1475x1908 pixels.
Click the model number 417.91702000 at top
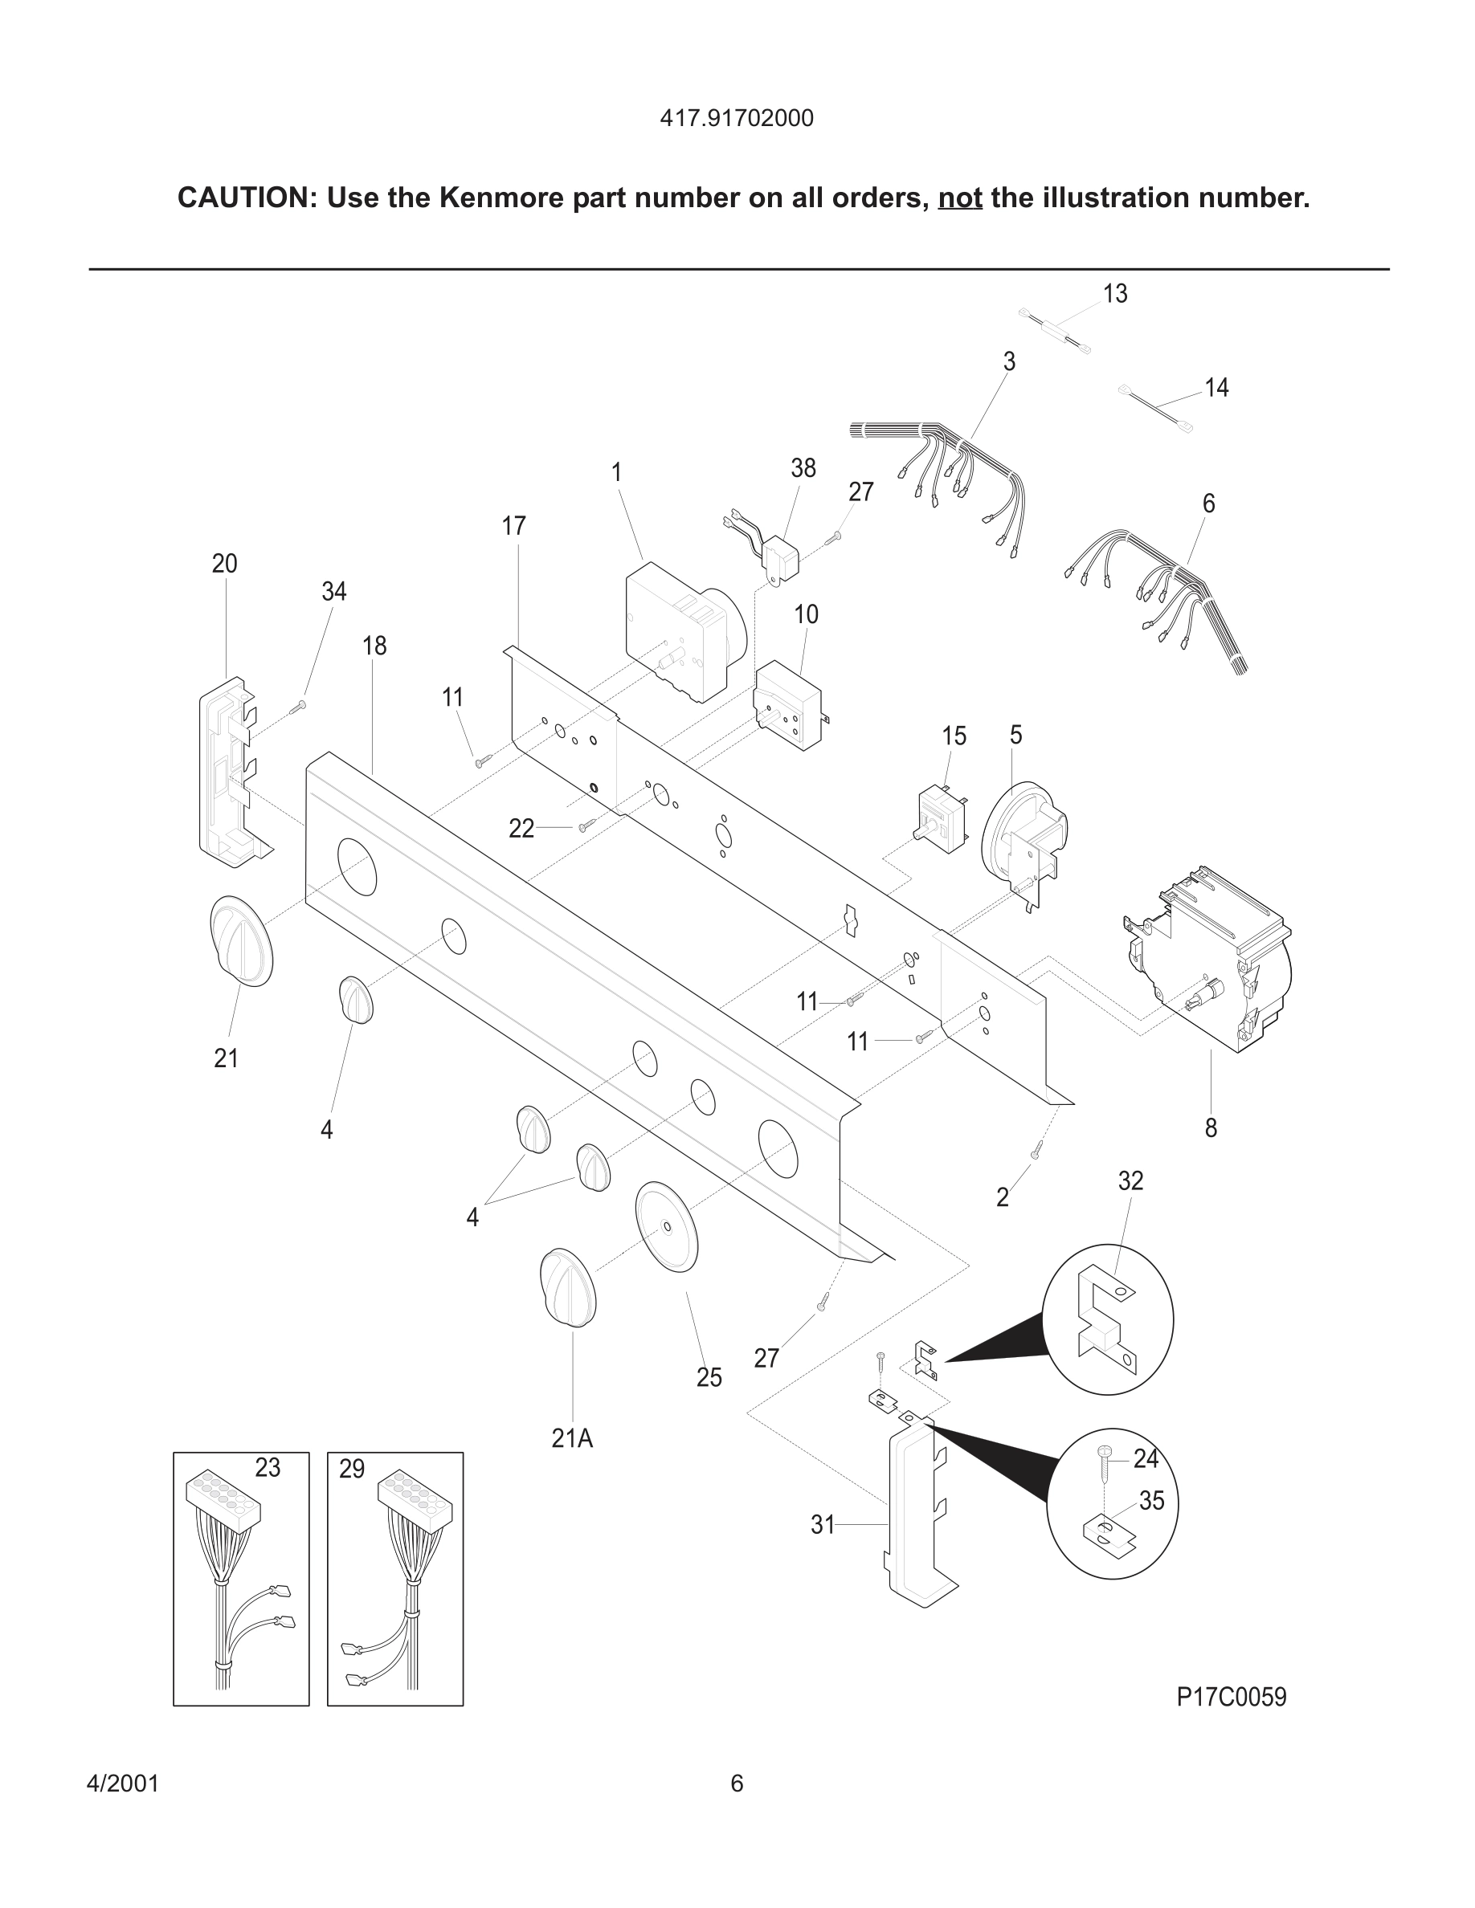tap(736, 118)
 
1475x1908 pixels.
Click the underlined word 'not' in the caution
tap(959, 198)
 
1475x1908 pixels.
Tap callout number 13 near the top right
tap(1114, 295)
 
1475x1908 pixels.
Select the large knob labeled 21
tap(241, 941)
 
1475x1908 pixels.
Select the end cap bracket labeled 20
tap(229, 772)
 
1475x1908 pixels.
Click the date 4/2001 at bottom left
tap(122, 1783)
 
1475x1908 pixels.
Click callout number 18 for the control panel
tap(374, 646)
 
